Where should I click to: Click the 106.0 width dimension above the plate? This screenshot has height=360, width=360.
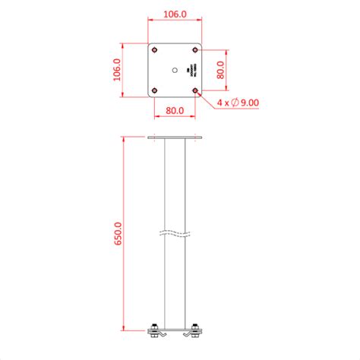pos(175,14)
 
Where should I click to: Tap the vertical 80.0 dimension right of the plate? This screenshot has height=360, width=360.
pos(220,71)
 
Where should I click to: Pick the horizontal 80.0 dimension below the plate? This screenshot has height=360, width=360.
pos(175,110)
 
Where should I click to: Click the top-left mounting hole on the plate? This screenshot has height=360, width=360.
pos(155,50)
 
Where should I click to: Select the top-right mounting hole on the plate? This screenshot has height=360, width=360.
pos(195,50)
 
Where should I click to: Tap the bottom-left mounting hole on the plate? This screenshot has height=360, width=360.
pos(155,90)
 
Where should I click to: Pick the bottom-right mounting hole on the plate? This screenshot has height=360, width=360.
pos(195,90)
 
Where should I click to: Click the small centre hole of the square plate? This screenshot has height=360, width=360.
pos(175,70)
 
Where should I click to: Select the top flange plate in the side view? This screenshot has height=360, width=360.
pos(175,137)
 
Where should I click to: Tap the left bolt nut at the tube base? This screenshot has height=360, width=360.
pos(156,327)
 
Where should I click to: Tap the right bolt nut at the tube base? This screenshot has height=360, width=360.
pos(195,327)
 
